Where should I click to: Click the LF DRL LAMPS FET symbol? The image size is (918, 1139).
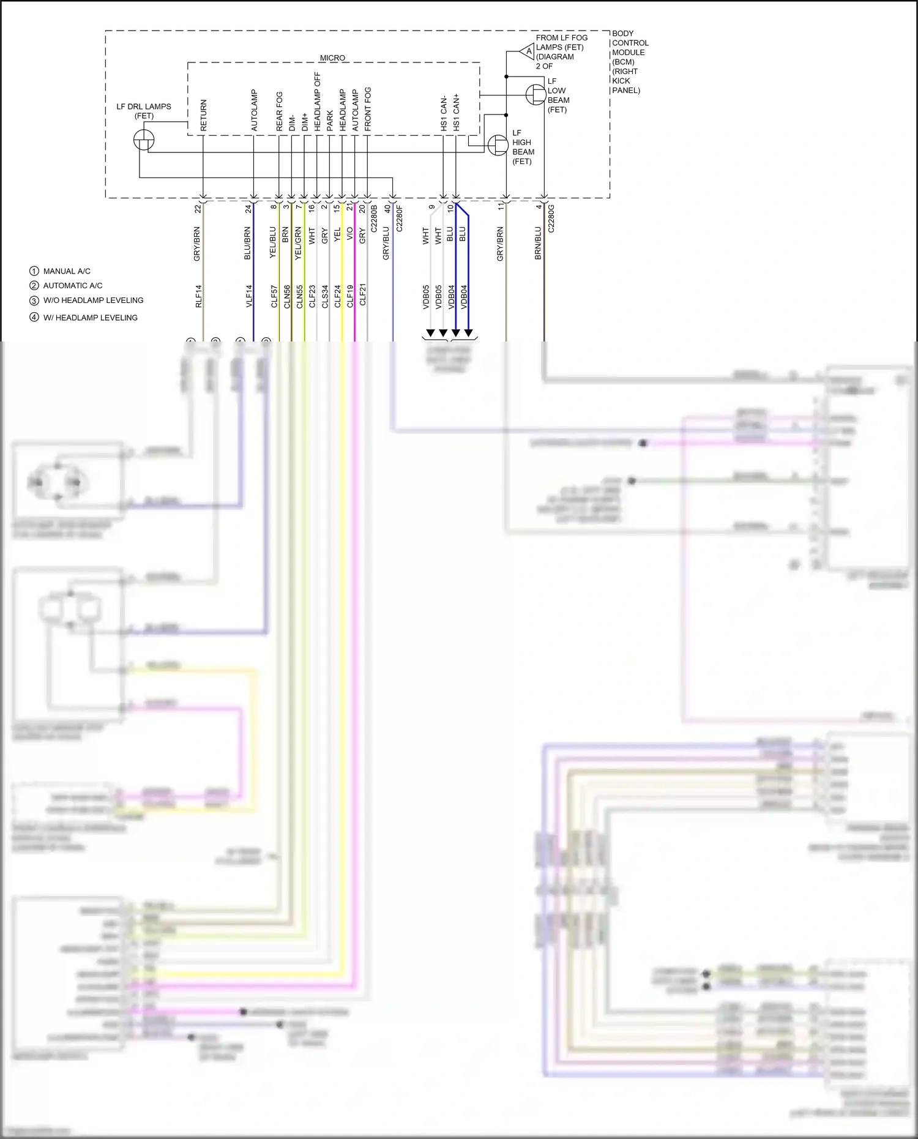[x=144, y=140]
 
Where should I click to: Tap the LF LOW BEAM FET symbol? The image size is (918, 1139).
[x=536, y=94]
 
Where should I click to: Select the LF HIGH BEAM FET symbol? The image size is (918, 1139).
[x=498, y=145]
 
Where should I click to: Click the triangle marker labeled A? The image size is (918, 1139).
[x=528, y=51]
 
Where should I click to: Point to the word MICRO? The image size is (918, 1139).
[x=332, y=58]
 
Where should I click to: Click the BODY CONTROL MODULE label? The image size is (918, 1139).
[x=630, y=61]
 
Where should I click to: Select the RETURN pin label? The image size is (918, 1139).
[x=204, y=115]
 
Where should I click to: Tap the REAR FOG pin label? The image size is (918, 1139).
[x=279, y=111]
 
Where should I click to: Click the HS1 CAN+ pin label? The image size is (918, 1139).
[x=456, y=113]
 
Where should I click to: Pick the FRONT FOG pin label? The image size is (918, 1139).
[x=368, y=109]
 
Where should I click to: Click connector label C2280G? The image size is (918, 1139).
[x=551, y=218]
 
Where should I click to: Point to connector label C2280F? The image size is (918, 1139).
[x=400, y=218]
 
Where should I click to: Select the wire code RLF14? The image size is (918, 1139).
[x=198, y=296]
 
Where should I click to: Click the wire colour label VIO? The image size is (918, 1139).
[x=350, y=234]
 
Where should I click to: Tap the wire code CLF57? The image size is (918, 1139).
[x=274, y=296]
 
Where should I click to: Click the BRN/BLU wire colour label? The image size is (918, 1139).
[x=539, y=243]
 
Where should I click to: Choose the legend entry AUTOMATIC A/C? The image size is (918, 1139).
[x=73, y=286]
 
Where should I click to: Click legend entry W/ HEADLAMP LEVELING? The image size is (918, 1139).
[x=90, y=318]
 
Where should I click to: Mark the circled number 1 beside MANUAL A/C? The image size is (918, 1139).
[x=34, y=271]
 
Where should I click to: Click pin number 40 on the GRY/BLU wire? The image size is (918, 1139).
[x=387, y=209]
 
